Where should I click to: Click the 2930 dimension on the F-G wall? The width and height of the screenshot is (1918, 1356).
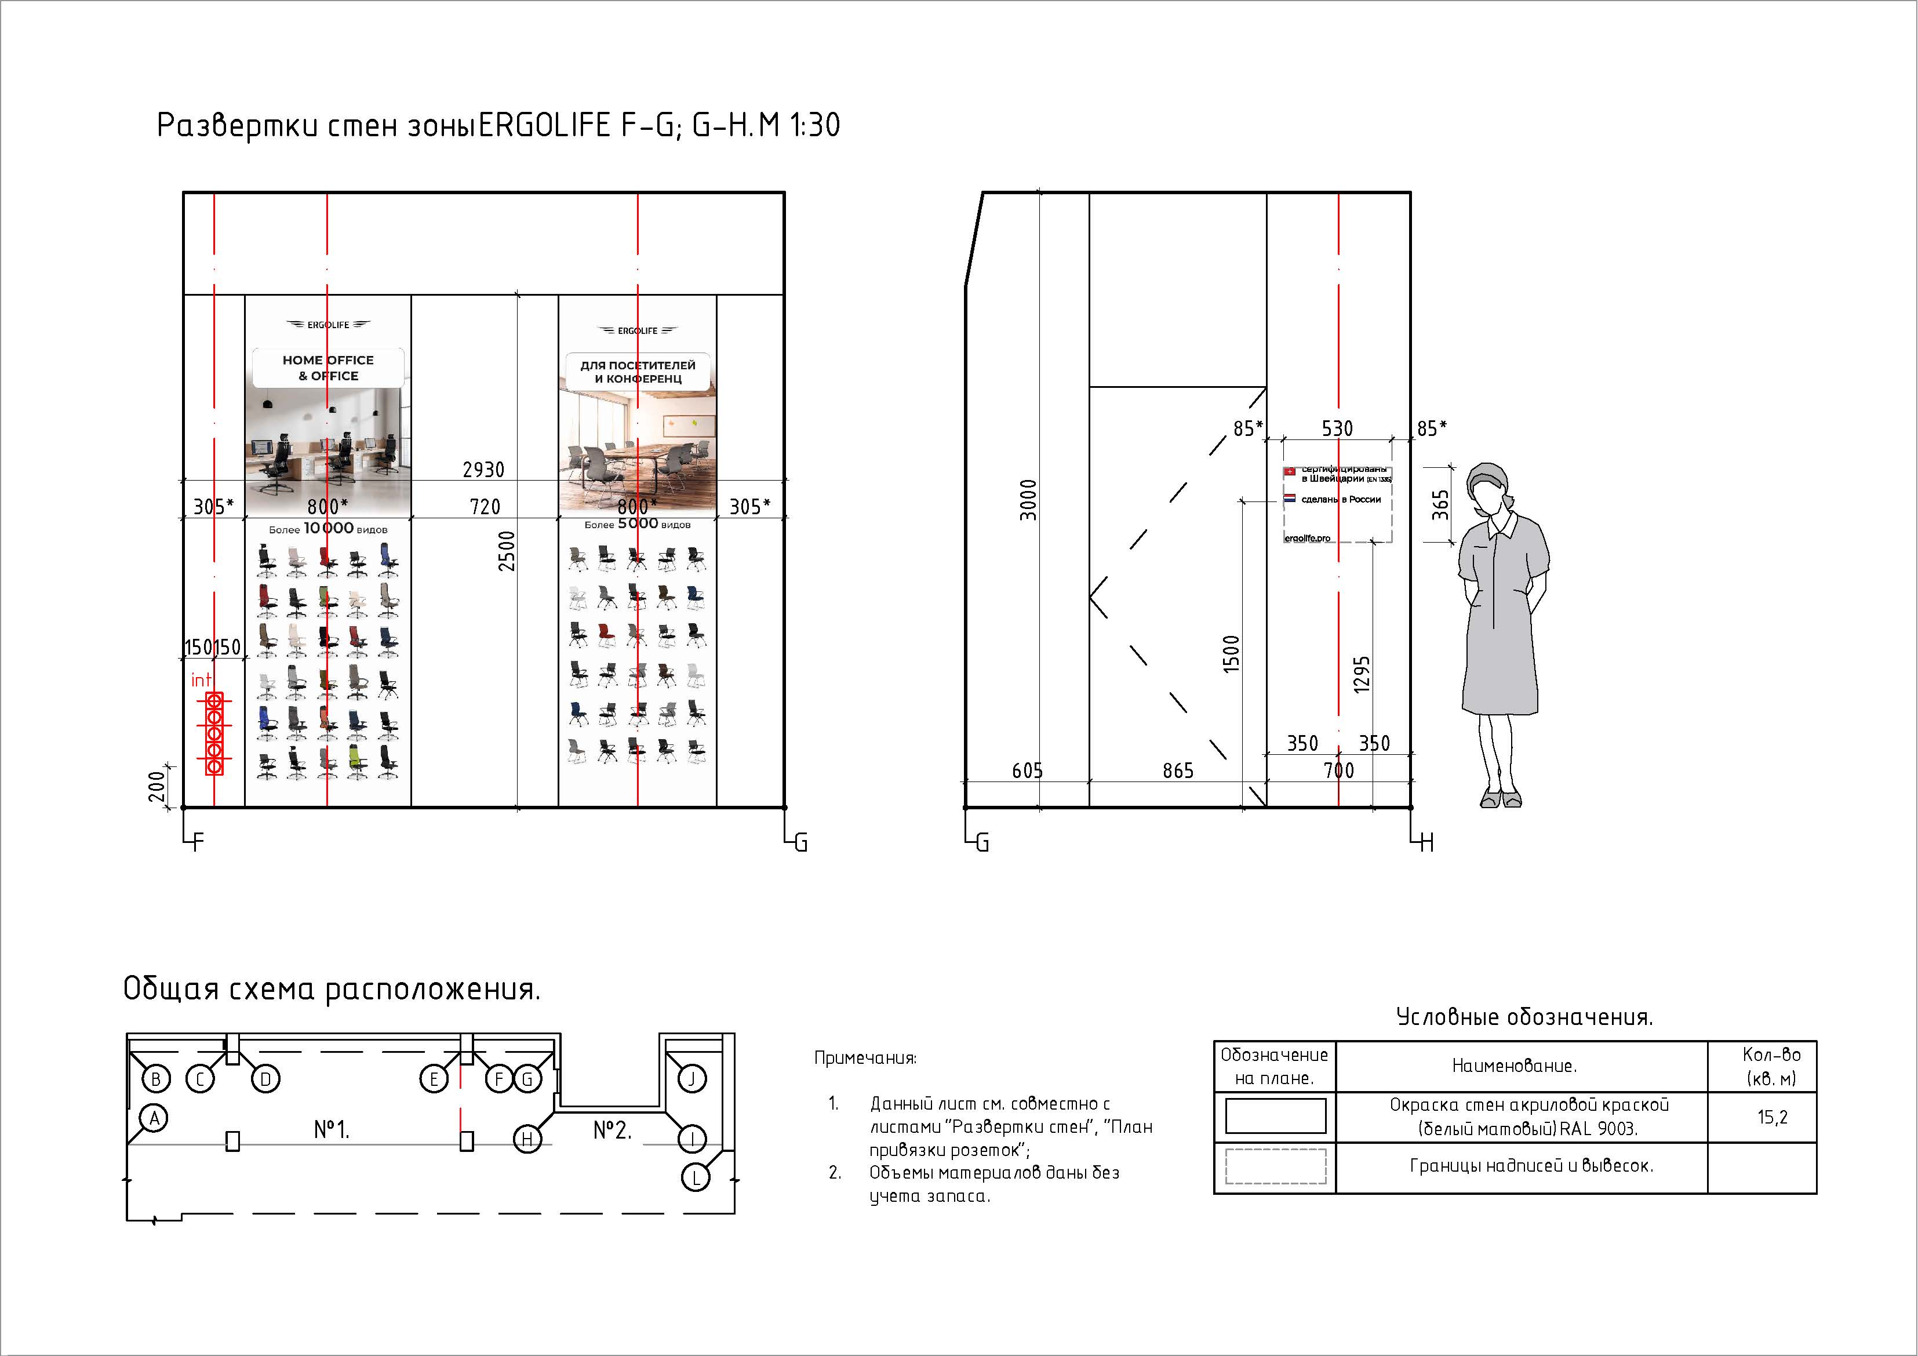(x=483, y=470)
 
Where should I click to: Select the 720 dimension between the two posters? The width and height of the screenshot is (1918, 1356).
(x=485, y=506)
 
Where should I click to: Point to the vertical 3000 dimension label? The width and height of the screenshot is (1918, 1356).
(x=1028, y=500)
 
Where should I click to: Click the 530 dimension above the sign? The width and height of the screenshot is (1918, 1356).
(x=1337, y=428)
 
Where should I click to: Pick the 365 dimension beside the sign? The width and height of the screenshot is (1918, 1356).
(x=1441, y=504)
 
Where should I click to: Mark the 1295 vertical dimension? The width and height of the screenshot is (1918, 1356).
(x=1362, y=674)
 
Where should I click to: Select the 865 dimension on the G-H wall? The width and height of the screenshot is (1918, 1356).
(x=1178, y=771)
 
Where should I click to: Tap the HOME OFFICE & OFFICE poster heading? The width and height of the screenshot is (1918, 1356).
(x=328, y=368)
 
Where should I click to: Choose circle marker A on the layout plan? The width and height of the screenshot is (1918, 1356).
(x=154, y=1118)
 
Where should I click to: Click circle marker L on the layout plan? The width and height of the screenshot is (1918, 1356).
(x=696, y=1177)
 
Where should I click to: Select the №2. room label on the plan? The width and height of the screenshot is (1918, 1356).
(x=612, y=1130)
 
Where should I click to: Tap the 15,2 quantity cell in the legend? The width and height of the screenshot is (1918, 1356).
(x=1772, y=1117)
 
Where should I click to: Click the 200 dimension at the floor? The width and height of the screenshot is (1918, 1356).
(x=157, y=786)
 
